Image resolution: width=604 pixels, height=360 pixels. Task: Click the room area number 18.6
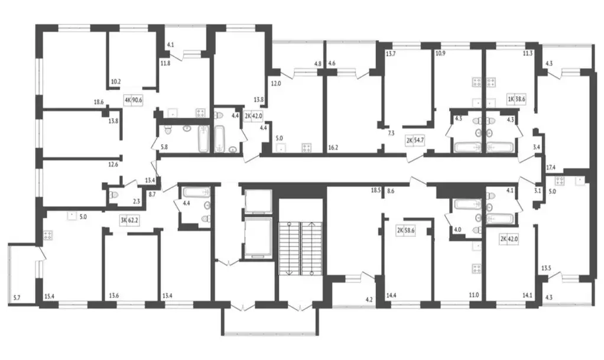pyautogui.click(x=99, y=102)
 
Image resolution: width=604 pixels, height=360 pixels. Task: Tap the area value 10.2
pyautogui.click(x=116, y=82)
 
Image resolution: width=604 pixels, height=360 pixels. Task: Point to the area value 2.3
pyautogui.click(x=136, y=202)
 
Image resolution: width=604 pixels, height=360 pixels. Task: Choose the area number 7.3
pyautogui.click(x=391, y=134)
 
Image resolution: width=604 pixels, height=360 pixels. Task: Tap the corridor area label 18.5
pyautogui.click(x=375, y=190)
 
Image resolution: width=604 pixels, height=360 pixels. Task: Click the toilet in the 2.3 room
pyautogui.click(x=115, y=194)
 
